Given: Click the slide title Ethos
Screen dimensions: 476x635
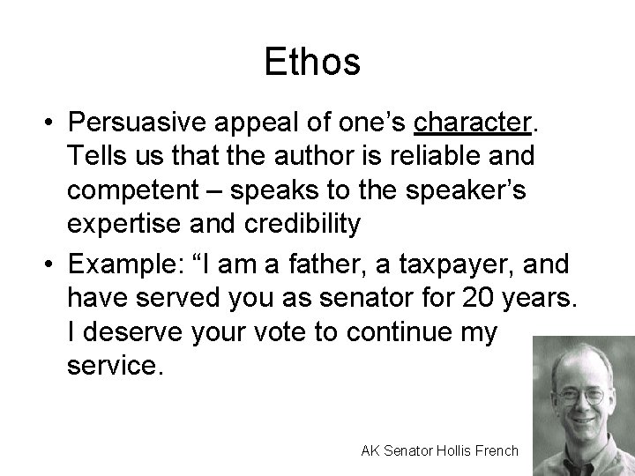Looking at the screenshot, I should (x=312, y=63).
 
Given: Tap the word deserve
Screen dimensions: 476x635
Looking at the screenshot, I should (x=131, y=333).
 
